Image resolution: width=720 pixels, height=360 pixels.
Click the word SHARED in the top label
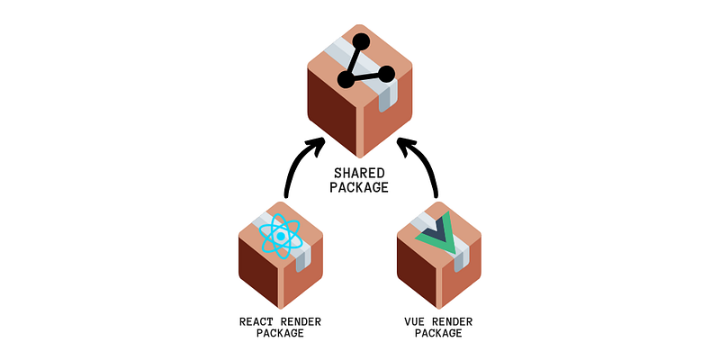coord(360,172)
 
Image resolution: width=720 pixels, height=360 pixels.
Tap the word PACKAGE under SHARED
coord(360,188)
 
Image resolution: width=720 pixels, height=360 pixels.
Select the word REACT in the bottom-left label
coord(259,320)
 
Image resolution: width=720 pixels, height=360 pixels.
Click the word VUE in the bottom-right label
coord(418,320)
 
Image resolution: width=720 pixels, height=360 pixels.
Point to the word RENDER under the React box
coord(302,320)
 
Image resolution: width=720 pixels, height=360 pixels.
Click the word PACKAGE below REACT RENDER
coord(281,334)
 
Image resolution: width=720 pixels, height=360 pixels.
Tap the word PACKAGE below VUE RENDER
coord(438,334)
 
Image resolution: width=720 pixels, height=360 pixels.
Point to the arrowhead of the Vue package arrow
coord(406,144)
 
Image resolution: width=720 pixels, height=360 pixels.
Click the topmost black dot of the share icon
coord(363,40)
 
